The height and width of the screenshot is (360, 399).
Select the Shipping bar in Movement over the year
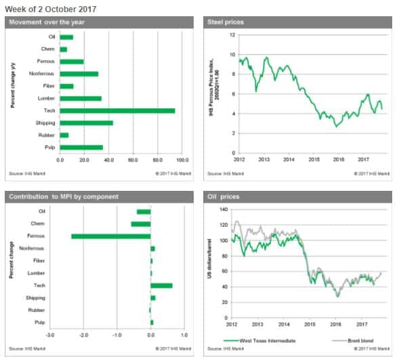pos(86,122)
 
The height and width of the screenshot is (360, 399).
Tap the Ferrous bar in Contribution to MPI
pos(111,236)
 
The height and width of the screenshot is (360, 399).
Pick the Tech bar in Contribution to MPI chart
pos(161,286)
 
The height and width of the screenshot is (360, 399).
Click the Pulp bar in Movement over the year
pos(81,147)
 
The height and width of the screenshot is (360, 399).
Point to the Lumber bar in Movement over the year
pos(81,98)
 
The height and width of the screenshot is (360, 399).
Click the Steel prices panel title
pos(226,22)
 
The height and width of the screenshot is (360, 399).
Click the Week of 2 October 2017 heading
pos(51,9)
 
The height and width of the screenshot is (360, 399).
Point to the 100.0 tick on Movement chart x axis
pos(182,160)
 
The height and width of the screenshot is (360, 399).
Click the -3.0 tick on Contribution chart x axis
pos(50,334)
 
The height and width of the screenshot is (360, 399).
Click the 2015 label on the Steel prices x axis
pos(314,160)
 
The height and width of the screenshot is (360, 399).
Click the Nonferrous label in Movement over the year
pos(42,73)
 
